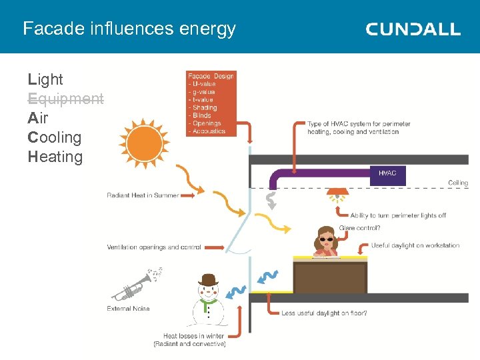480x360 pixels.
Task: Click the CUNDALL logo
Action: point(413,29)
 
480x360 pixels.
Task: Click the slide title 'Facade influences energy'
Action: point(129,29)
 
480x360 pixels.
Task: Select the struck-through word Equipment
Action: point(66,99)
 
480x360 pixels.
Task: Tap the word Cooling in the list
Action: point(55,138)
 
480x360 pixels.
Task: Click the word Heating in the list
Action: point(55,157)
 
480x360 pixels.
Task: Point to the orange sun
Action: point(145,144)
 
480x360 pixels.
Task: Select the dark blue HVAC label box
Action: point(387,174)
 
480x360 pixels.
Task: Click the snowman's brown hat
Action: point(208,280)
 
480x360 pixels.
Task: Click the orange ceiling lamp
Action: point(337,197)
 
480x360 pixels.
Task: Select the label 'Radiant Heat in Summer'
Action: point(143,195)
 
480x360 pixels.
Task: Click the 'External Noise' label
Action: point(128,309)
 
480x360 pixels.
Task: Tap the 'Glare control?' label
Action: point(360,228)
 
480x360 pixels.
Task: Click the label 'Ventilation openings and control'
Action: point(154,247)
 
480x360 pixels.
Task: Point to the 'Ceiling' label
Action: point(458,183)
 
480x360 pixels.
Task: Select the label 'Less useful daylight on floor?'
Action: point(324,313)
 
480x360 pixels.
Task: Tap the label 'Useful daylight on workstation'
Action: point(415,245)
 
